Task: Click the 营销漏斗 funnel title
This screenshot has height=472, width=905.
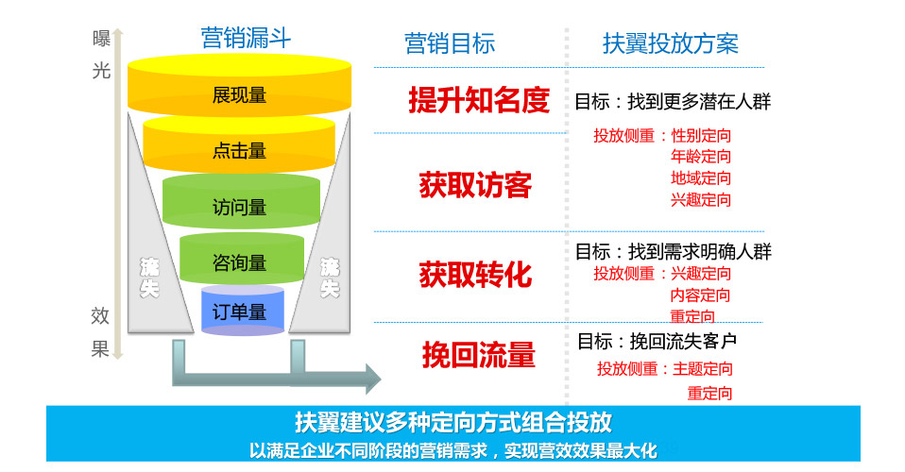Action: coord(246,38)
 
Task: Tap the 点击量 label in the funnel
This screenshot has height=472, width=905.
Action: coord(239,151)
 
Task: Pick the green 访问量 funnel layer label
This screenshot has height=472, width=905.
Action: coord(239,208)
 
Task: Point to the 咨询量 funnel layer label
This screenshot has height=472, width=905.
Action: coord(239,262)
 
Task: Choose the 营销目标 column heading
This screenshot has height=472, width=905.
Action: coord(450,43)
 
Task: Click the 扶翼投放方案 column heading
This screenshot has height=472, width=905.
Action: coord(671,43)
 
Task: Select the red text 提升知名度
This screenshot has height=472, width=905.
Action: coord(478,100)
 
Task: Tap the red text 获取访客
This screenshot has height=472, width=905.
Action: coord(475,185)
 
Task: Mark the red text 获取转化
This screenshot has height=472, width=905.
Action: coord(475,275)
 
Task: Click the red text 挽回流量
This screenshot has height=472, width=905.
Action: coord(478,355)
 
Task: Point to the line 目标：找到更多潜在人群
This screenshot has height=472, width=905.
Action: coord(673,101)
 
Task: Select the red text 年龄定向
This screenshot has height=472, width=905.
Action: coord(701,157)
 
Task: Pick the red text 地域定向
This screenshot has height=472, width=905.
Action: coord(701,178)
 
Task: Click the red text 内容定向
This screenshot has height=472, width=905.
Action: coord(701,295)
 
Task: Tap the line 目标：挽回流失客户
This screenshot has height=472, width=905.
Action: coord(657,341)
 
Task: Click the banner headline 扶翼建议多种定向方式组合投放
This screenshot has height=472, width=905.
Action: coord(452,421)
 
